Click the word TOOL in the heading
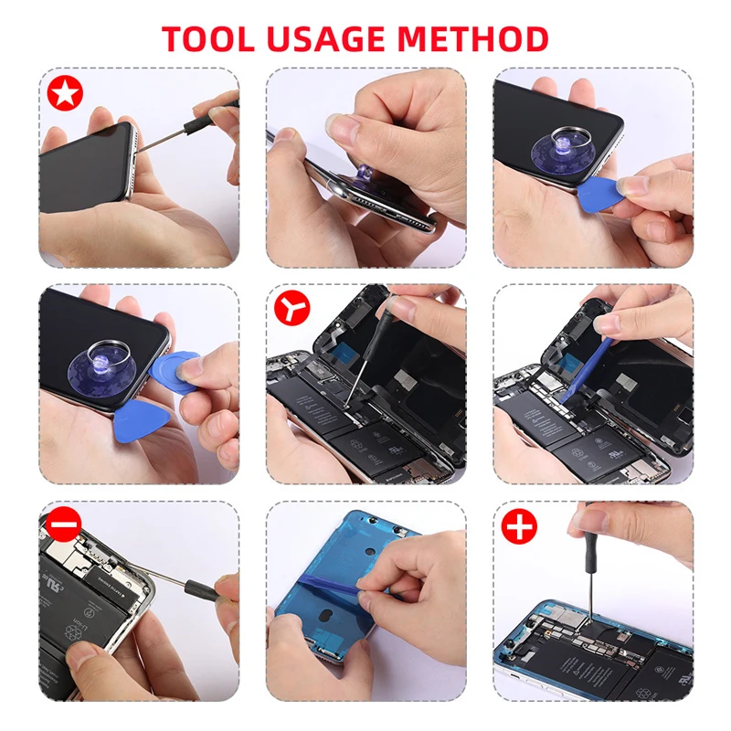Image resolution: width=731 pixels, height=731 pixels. (x=208, y=38)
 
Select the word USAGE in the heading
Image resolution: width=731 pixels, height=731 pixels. (x=326, y=38)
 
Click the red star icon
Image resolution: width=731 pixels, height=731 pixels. (x=65, y=93)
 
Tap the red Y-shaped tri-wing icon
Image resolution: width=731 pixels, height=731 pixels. (x=291, y=308)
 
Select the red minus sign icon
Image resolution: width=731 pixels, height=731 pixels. (x=64, y=524)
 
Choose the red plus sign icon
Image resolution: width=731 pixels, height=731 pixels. (x=519, y=526)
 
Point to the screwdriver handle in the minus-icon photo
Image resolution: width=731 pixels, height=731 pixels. (x=201, y=589)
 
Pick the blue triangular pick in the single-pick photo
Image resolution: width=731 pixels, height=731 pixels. (x=600, y=192)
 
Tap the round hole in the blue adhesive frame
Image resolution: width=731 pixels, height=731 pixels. (x=370, y=552)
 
